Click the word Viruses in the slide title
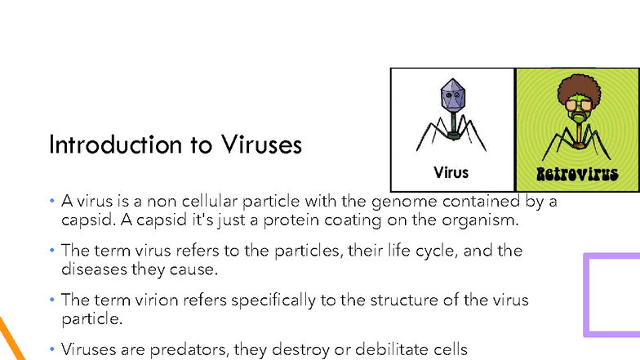pyautogui.click(x=261, y=145)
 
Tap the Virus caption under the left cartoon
pyautogui.click(x=451, y=173)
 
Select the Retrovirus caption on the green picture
pyautogui.click(x=578, y=174)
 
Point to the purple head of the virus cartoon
pyautogui.click(x=451, y=96)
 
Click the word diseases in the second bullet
pyautogui.click(x=92, y=268)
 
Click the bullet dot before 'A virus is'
pyautogui.click(x=51, y=201)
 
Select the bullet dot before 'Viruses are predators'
pyautogui.click(x=51, y=349)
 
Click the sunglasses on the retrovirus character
pyautogui.click(x=578, y=107)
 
